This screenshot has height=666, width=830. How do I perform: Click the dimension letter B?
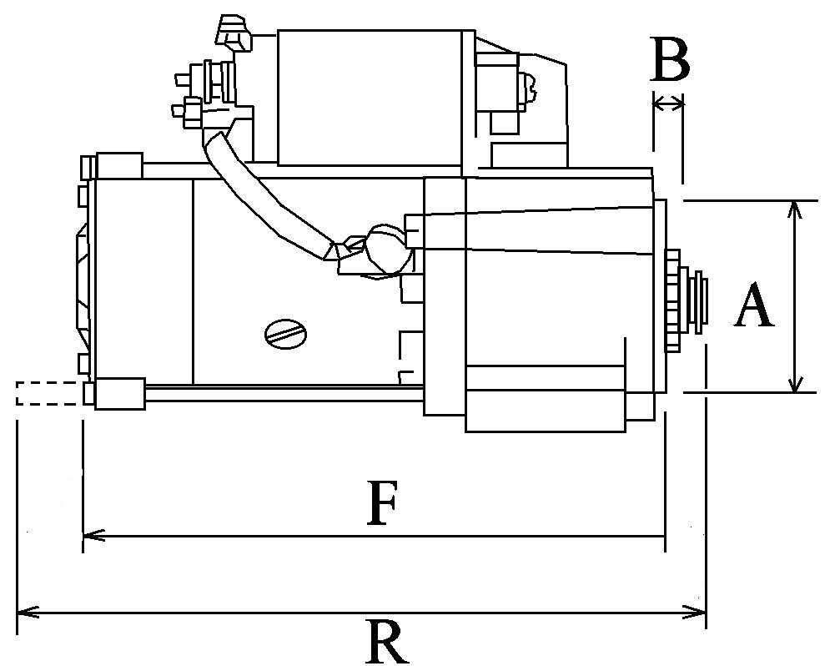pyautogui.click(x=670, y=58)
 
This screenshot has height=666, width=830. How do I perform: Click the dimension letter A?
pyautogui.click(x=753, y=305)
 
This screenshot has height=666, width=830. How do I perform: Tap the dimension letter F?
pyautogui.click(x=382, y=502)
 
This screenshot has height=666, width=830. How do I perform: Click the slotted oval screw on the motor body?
pyautogui.click(x=286, y=334)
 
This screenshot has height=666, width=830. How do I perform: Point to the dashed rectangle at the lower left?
pyautogui.click(x=49, y=393)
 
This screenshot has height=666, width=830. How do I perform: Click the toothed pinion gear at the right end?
pyautogui.click(x=673, y=300)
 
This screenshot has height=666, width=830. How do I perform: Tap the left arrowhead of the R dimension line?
pyautogui.click(x=28, y=613)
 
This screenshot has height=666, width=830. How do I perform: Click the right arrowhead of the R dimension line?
pyautogui.click(x=694, y=613)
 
